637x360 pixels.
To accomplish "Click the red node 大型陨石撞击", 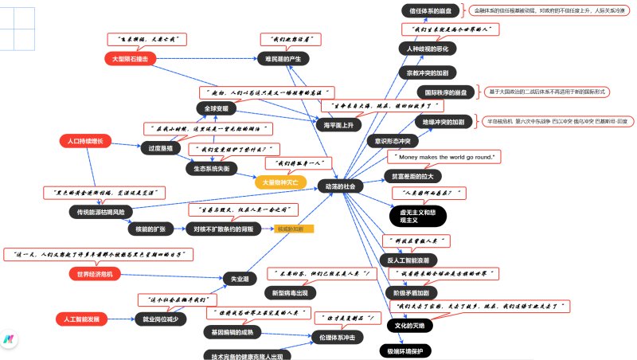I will [130, 59].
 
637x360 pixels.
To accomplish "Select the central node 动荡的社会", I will [340, 186].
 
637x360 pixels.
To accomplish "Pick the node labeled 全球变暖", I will [216, 108].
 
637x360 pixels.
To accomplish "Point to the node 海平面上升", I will [338, 125].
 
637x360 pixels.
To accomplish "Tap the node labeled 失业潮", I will [240, 280].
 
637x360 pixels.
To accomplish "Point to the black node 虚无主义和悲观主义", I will [418, 216].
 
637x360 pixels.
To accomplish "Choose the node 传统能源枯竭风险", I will [99, 213].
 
